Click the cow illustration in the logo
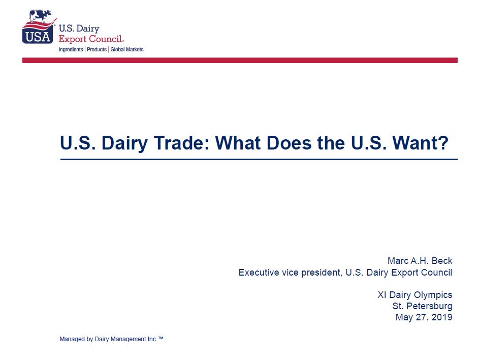coord(40,16)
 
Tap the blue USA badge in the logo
coord(38,36)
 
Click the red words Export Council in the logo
coord(91,39)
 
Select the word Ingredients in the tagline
coord(71,49)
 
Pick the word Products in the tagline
coord(97,49)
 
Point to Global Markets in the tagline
coord(127,49)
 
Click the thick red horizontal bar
coord(240,61)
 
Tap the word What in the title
coord(238,143)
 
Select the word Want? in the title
coord(421,143)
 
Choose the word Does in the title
coord(289,143)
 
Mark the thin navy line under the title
coord(259,159)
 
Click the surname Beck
coord(442,261)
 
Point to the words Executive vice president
coord(290,273)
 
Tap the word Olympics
coord(433,295)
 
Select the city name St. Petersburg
coord(423,306)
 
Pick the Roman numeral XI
coord(382,295)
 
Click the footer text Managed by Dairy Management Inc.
coord(108,339)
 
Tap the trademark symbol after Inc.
coord(161,338)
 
